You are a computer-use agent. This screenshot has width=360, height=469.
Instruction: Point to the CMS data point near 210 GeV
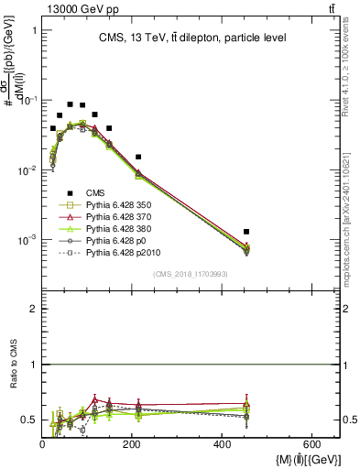138,157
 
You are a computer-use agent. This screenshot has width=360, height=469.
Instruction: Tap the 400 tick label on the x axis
222,443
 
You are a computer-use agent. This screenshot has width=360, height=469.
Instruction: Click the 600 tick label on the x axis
311,443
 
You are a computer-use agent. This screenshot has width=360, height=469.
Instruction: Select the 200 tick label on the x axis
132,443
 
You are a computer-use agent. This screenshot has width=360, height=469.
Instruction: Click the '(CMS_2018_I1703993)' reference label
191,273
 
